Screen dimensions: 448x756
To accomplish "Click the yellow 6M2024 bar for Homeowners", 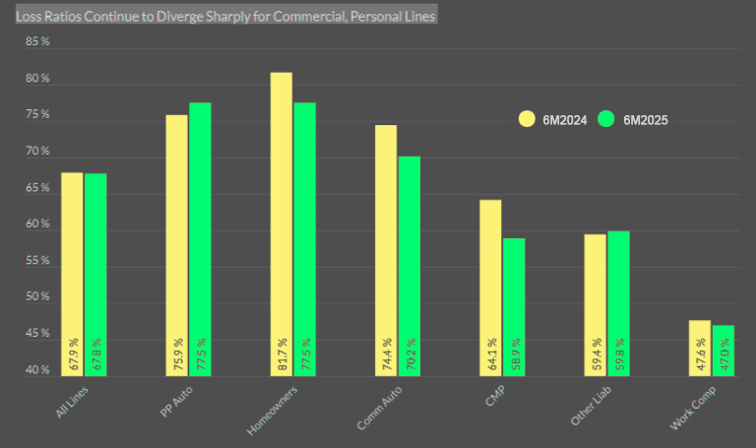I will click(281, 217).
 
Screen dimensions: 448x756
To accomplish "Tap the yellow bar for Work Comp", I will click(700, 345).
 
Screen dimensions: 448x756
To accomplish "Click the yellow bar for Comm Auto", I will click(386, 246).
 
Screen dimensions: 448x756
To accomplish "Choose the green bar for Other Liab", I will click(618, 295).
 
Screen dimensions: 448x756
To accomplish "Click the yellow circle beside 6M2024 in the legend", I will click(528, 119).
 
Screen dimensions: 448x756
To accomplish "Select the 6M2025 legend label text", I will click(646, 120).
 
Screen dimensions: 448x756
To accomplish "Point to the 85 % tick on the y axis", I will click(38, 42).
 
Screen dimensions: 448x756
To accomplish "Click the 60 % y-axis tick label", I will click(38, 224).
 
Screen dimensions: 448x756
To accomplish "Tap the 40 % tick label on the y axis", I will click(38, 370).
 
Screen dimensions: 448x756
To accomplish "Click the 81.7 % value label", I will click(282, 354).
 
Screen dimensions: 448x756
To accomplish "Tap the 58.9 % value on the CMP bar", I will click(515, 354).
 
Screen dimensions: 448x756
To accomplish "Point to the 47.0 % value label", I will click(724, 354).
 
